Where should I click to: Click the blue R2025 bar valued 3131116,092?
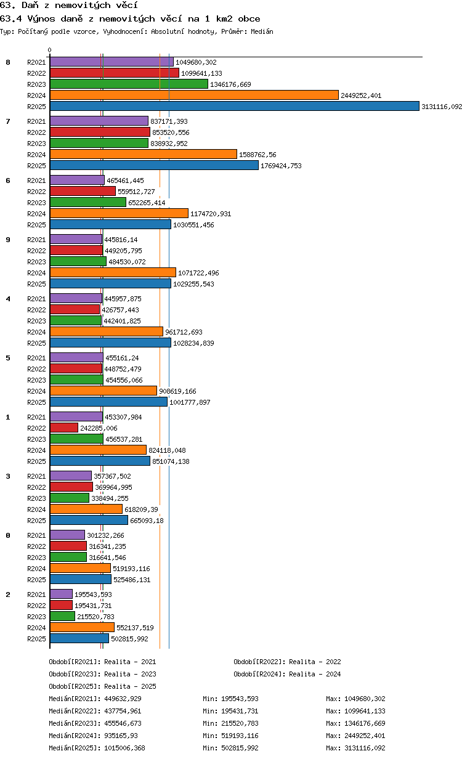[234, 106]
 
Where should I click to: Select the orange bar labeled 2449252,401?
[194, 95]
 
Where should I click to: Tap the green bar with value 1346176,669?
[129, 84]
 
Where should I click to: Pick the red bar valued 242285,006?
[64, 428]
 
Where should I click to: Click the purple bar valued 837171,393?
[99, 121]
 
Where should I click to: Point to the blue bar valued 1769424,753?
[154, 165]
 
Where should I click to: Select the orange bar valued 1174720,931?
[119, 213]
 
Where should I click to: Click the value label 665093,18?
[147, 521]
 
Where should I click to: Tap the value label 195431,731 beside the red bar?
[93, 606]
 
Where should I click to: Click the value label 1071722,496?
[198, 273]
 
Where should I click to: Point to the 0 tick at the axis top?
[49, 50]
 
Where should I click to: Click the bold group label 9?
[8, 240]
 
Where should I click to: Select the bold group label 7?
[8, 121]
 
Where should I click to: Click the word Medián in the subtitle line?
[262, 31]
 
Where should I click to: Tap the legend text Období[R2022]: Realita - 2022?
[287, 662]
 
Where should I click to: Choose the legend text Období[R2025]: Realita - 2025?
[103, 686]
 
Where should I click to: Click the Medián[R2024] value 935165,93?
[121, 736]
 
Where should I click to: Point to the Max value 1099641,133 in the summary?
[365, 711]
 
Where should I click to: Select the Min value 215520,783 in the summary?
[240, 723]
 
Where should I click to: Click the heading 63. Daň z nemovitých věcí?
[69, 6]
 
